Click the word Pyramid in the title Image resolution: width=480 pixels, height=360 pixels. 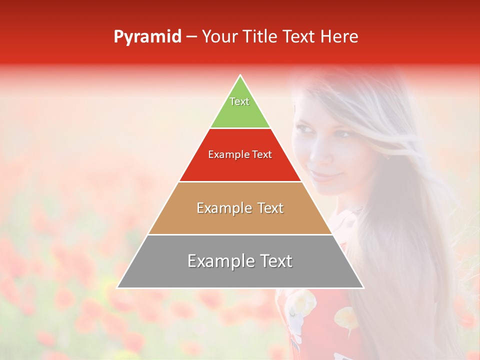(147, 37)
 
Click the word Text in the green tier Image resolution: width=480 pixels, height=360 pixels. (239, 101)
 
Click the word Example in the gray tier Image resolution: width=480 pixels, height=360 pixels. (217, 261)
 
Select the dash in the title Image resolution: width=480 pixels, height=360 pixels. (191, 37)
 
